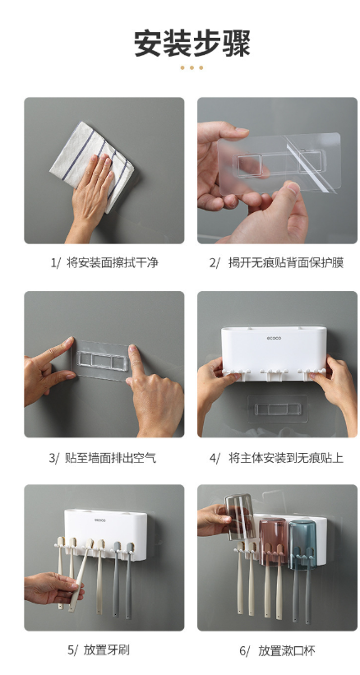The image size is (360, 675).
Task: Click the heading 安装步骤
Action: coord(192,43)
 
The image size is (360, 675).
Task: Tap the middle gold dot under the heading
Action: coord(192,67)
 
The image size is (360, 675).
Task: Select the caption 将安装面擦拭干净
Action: coord(113,262)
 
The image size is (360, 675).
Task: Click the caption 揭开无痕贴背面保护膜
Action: coord(286,262)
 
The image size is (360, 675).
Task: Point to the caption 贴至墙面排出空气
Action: coord(110,457)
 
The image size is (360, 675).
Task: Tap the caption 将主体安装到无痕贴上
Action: coord(286,457)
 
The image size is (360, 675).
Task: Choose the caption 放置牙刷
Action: coord(107,650)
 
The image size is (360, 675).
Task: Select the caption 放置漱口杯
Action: coord(287,650)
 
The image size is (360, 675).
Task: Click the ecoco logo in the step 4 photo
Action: coord(274,338)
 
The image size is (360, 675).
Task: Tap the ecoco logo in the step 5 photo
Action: coord(99,520)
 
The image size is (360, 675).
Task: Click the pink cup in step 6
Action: coord(273,540)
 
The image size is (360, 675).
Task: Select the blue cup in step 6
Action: coord(302,544)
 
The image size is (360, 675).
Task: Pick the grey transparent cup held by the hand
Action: coord(240,516)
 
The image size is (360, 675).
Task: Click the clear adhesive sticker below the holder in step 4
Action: coord(278,409)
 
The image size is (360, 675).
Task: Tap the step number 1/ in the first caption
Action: coord(56,262)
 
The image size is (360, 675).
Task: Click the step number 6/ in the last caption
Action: coord(244,650)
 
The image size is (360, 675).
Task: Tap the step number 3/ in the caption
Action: coord(54,457)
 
